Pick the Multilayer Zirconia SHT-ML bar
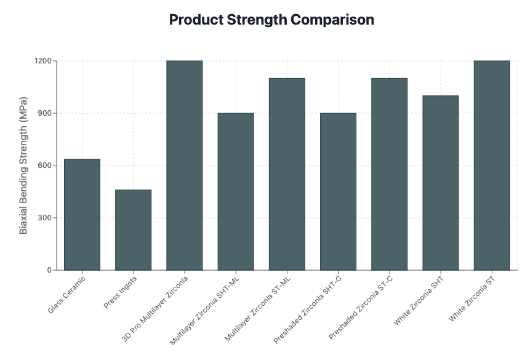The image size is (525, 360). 236,191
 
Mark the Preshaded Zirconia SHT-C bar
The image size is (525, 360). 338,191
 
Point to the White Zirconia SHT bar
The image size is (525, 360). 440,183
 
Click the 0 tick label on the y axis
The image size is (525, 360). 50,270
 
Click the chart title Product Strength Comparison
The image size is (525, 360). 271,20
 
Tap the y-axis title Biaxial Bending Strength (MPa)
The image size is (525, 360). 23,165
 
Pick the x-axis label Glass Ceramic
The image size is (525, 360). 67,294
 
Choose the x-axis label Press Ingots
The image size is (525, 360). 120,292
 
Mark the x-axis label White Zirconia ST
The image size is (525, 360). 472,299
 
